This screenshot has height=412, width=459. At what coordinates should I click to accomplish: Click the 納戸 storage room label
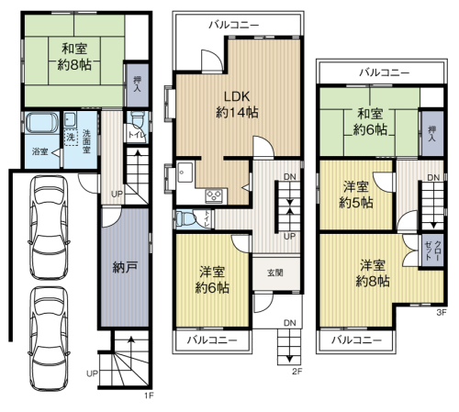tap(125, 267)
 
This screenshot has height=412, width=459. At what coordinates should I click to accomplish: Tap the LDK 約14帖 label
tap(237, 105)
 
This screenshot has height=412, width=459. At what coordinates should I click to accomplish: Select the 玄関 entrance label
tap(275, 273)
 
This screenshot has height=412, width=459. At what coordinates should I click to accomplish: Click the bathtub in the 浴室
tap(42, 122)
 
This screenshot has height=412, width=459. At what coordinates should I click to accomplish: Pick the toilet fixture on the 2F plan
tap(185, 218)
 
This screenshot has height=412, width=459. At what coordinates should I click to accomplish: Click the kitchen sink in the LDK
tap(185, 172)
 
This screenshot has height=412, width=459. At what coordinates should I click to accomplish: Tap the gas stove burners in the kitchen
tap(214, 195)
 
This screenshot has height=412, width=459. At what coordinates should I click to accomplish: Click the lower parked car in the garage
tap(49, 339)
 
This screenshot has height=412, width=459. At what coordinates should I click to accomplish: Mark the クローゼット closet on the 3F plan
tap(432, 251)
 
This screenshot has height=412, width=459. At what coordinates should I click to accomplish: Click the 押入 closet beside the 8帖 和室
tap(137, 84)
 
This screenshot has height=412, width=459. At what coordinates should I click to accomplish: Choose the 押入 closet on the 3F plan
tap(432, 134)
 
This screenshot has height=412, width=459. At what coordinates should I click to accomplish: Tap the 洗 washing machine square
tap(71, 137)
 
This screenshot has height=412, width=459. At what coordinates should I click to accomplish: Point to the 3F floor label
tap(442, 312)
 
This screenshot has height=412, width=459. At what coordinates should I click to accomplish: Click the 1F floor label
tap(149, 395)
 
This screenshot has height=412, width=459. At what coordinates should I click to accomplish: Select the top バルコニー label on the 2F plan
tap(234, 25)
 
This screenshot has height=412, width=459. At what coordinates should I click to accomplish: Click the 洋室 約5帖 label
tap(356, 195)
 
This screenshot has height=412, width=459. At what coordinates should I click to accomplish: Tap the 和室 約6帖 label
tap(370, 122)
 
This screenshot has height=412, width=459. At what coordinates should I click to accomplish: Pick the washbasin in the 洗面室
tap(71, 120)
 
